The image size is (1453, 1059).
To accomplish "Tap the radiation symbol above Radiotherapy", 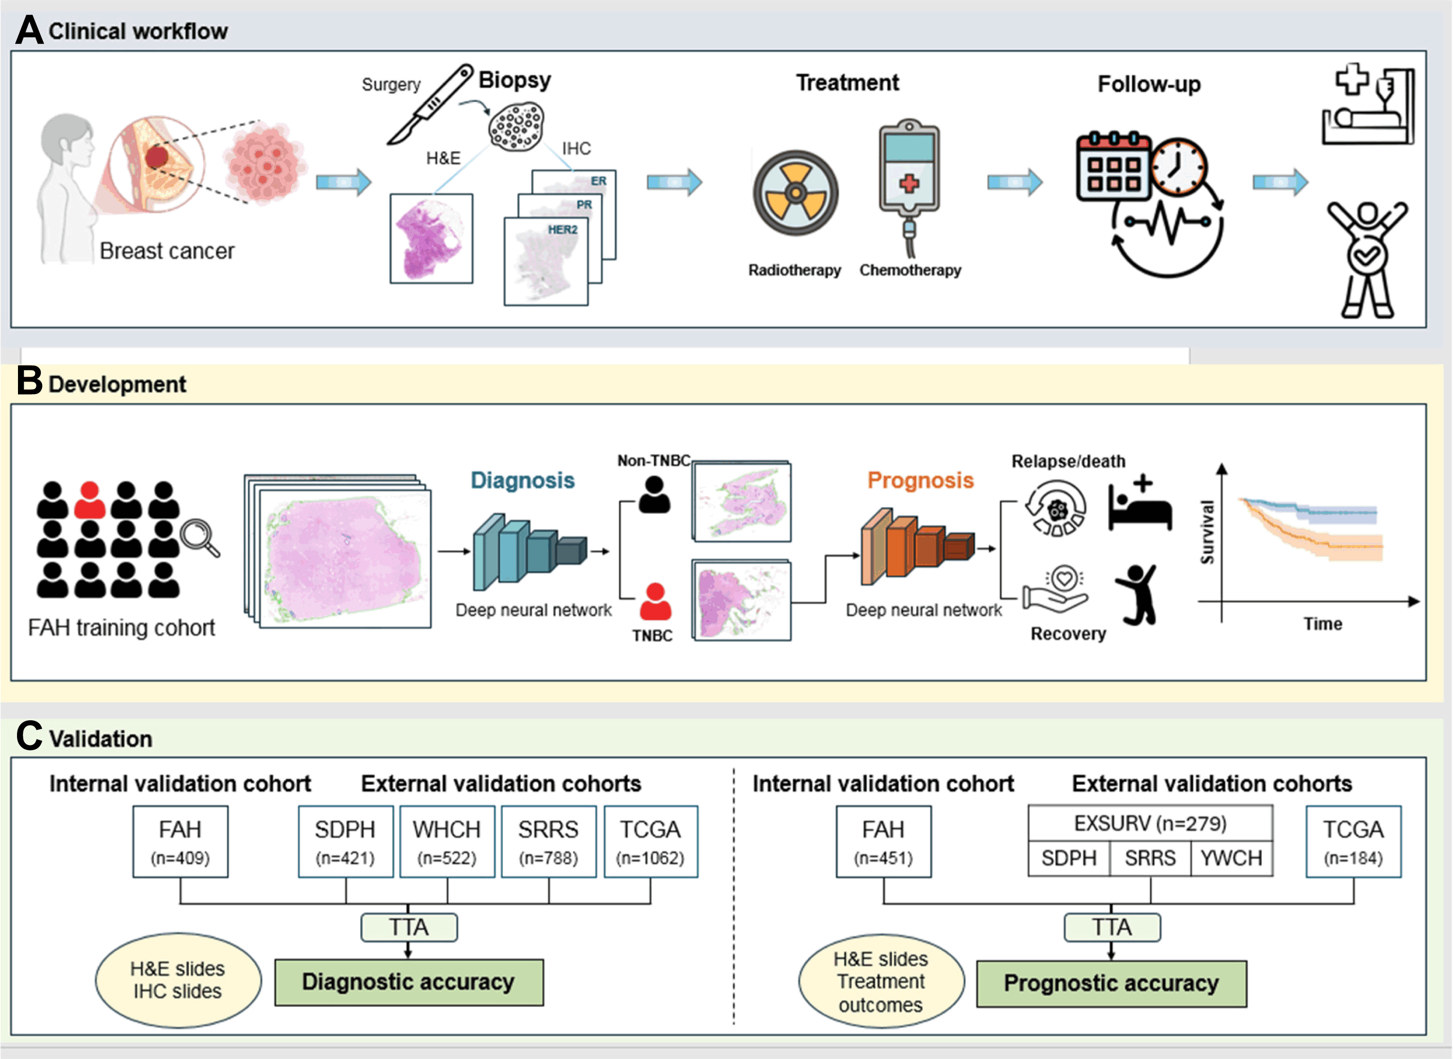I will tap(796, 193).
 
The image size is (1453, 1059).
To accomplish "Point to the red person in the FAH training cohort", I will tap(90, 500).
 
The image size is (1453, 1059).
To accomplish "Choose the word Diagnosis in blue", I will tap(522, 480).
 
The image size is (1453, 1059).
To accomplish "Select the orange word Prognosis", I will tap(920, 480).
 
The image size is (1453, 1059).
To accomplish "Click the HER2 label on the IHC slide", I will tap(562, 229).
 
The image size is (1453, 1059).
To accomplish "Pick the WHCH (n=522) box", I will tap(447, 841).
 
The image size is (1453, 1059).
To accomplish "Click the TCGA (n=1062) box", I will tap(650, 841).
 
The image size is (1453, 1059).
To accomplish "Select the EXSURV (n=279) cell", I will tap(1150, 823).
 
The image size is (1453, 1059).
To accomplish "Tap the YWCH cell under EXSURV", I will tap(1230, 858).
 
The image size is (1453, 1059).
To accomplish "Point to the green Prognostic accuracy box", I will tap(1111, 983).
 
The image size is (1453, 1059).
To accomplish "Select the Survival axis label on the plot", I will tap(1207, 532).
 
